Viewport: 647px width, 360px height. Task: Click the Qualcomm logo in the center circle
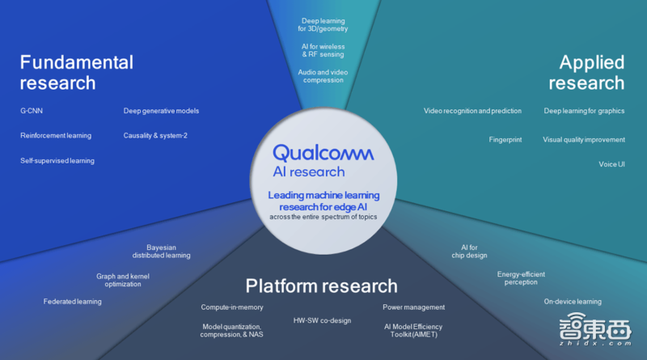click(323, 153)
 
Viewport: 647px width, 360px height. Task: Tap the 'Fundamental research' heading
click(77, 73)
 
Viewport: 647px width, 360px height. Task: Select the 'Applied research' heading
click(586, 73)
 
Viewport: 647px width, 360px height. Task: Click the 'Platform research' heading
click(321, 286)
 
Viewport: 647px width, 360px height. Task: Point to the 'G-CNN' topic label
click(32, 111)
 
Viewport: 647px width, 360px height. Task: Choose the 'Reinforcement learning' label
click(56, 135)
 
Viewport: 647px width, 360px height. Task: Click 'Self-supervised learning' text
click(57, 161)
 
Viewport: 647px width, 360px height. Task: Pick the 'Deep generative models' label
click(161, 111)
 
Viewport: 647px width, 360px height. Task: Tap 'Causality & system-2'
click(155, 135)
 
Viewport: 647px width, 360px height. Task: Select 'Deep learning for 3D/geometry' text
click(323, 25)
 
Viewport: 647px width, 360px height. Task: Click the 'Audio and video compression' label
click(323, 76)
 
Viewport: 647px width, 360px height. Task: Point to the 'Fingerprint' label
click(505, 139)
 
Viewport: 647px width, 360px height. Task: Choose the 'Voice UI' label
click(611, 164)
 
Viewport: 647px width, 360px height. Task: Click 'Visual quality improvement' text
click(584, 139)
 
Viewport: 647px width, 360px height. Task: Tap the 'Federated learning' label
click(72, 302)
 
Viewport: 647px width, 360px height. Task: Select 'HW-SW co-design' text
click(322, 320)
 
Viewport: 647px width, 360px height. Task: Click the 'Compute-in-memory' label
click(232, 307)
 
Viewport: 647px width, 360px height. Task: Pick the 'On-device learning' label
click(573, 302)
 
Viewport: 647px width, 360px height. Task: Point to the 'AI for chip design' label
click(469, 252)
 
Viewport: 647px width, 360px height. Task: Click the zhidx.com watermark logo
click(595, 329)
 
